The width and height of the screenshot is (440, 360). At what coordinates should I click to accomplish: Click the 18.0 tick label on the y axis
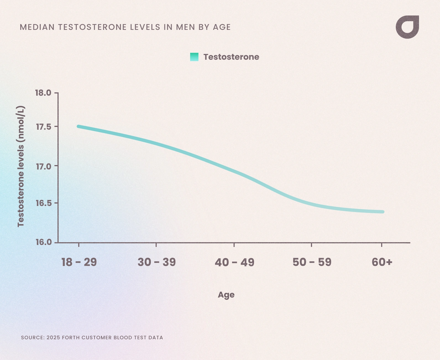pos(43,93)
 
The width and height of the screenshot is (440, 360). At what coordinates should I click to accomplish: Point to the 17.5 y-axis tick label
pos(43,127)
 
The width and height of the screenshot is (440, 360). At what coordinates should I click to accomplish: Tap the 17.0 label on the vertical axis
pos(43,166)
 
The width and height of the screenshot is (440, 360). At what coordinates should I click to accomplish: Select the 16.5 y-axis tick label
pos(43,203)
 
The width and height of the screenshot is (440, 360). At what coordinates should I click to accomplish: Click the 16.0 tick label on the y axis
pos(43,242)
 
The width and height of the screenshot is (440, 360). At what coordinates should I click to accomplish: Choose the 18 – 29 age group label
pos(79,262)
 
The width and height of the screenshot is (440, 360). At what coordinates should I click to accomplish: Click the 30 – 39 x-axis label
pos(156,262)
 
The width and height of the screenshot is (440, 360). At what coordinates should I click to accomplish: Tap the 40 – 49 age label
pos(234,262)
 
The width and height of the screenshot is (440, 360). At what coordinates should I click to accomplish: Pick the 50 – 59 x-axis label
pos(312,262)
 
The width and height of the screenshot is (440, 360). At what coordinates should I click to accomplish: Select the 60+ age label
pos(382,262)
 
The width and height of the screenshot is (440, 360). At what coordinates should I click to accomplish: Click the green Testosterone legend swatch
pos(194,57)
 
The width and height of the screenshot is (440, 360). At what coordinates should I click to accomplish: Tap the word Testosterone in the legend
pos(231,57)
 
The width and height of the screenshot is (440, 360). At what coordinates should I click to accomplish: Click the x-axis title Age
pos(226,295)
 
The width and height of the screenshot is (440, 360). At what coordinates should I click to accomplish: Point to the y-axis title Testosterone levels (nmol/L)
pos(21,166)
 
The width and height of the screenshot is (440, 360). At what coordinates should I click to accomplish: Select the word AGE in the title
pos(222,27)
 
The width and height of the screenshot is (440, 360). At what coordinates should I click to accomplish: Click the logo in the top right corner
pos(407,27)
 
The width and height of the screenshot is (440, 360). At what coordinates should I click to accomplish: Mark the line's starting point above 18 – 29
pos(78,126)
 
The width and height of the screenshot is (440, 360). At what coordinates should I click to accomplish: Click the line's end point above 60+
pos(383,212)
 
